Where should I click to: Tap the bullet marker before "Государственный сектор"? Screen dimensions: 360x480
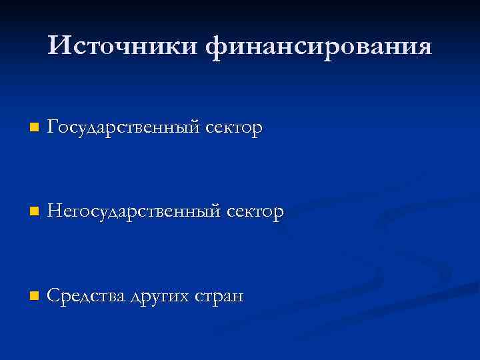34,127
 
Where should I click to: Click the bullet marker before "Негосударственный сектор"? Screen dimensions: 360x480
34,211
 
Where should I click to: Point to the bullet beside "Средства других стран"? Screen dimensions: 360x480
34,295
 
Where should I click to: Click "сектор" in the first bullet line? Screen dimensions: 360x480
234,127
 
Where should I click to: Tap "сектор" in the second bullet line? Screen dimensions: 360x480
255,212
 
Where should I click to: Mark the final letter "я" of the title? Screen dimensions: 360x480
423,47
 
